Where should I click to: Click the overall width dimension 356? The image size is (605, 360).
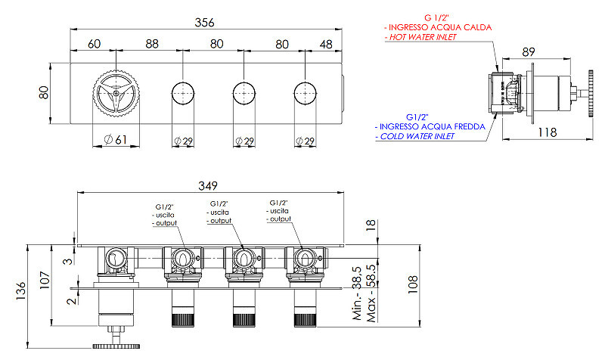coord(204,23)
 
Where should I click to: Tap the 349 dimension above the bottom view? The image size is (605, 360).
coord(208,186)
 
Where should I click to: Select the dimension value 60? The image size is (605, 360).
coord(94,44)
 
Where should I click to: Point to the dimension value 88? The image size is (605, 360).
coord(152,44)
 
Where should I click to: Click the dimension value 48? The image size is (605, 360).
coord(326,45)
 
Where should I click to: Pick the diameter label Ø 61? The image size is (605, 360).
coord(116,139)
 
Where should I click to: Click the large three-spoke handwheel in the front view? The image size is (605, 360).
coord(116,93)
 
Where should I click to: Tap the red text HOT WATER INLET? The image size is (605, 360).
coord(423,37)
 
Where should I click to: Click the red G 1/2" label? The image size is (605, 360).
coord(437,17)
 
